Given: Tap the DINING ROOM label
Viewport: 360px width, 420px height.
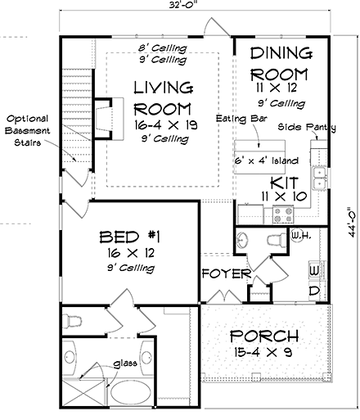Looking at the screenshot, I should point(281,62).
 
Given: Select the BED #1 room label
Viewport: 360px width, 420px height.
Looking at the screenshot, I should point(129,237).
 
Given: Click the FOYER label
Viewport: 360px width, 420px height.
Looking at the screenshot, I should point(223,273).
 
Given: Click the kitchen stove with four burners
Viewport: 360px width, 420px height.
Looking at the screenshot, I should point(283,215).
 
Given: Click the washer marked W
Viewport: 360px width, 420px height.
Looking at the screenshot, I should point(314,269).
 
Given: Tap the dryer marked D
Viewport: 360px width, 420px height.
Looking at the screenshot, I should point(314,291).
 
